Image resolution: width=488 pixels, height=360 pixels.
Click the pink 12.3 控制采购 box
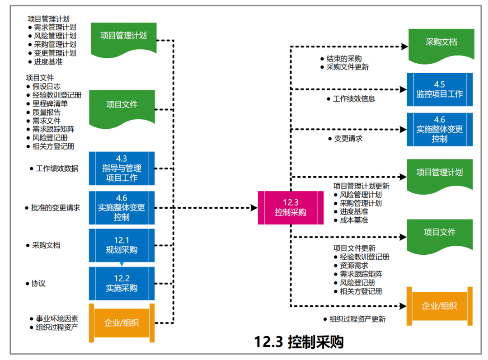[291, 208]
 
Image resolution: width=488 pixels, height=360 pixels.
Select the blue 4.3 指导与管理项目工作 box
[122, 168]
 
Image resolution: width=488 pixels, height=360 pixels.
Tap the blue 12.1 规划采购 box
[122, 245]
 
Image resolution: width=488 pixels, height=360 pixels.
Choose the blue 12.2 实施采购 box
[122, 283]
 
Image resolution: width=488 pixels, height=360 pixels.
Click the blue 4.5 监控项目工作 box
[440, 89]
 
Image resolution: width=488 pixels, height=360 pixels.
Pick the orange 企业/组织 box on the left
[122, 323]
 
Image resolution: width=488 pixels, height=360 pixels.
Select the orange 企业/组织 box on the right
[439, 306]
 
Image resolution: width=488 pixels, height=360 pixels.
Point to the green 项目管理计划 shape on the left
[123, 37]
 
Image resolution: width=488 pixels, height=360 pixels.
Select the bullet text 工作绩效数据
[57, 168]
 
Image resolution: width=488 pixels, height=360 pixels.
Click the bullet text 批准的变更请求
[55, 208]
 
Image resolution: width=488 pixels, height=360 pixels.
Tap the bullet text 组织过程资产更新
[357, 319]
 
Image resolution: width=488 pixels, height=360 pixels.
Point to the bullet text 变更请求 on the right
[348, 138]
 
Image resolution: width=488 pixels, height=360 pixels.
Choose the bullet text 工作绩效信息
[354, 98]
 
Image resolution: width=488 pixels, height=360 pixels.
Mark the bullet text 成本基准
[354, 220]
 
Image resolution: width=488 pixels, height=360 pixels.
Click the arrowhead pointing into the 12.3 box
[254, 208]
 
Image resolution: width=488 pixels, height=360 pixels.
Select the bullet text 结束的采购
[344, 59]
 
